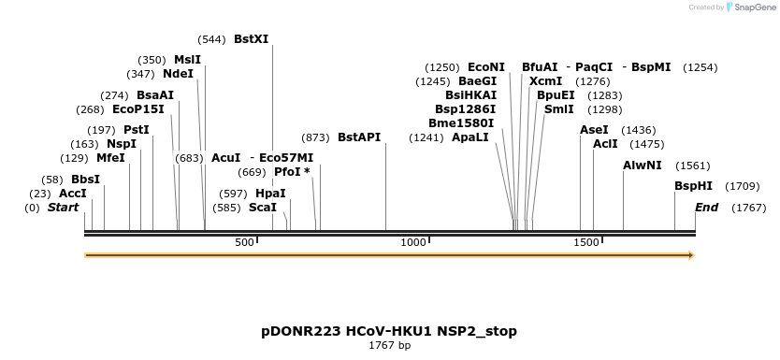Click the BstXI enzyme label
tap(251, 39)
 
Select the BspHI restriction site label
tap(693, 186)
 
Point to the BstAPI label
tap(359, 137)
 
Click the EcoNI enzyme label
tap(486, 67)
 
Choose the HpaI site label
tap(270, 194)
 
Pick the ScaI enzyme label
tap(262, 207)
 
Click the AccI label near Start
tap(73, 194)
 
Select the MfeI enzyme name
tap(110, 158)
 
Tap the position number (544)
tap(211, 39)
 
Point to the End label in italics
tap(706, 207)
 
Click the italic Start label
tap(63, 207)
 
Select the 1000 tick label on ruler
tap(413, 243)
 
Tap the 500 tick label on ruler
tap(244, 243)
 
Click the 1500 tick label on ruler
tap(585, 243)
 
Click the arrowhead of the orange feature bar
tap(691, 254)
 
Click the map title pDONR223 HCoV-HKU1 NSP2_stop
tap(389, 331)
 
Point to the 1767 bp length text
tap(389, 346)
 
